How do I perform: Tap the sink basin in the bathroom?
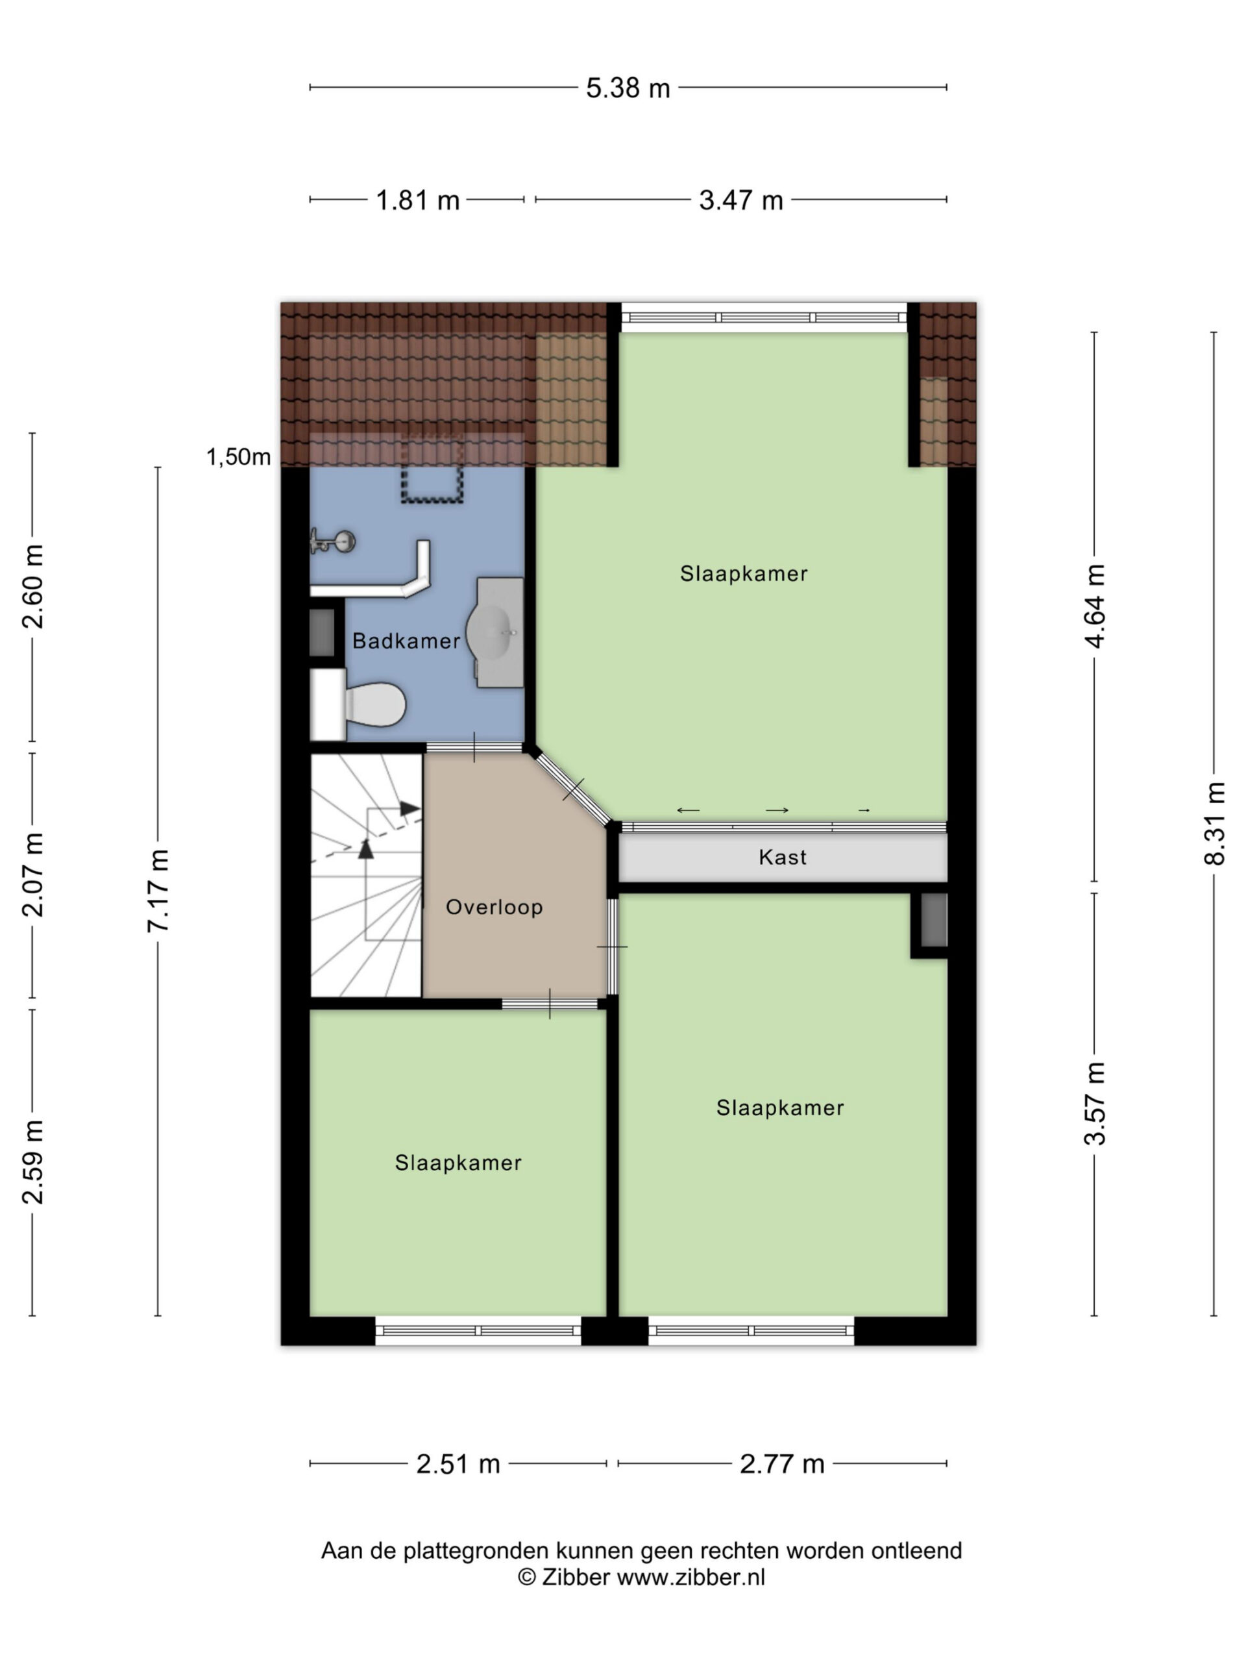point(490,632)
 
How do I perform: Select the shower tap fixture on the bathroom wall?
point(332,541)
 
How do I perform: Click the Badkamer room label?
point(406,641)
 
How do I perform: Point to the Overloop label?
point(495,907)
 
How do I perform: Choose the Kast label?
point(783,858)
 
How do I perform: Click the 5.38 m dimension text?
point(628,89)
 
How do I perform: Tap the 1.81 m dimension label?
point(417,201)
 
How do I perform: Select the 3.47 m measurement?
point(740,201)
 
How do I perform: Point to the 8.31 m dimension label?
point(1214,823)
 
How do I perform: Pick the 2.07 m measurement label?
point(32,874)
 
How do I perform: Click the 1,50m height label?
point(238,457)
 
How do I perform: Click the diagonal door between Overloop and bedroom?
point(573,789)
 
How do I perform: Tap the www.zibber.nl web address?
point(691,1577)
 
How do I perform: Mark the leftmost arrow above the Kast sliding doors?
point(688,810)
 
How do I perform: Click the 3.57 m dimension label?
point(1094,1104)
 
